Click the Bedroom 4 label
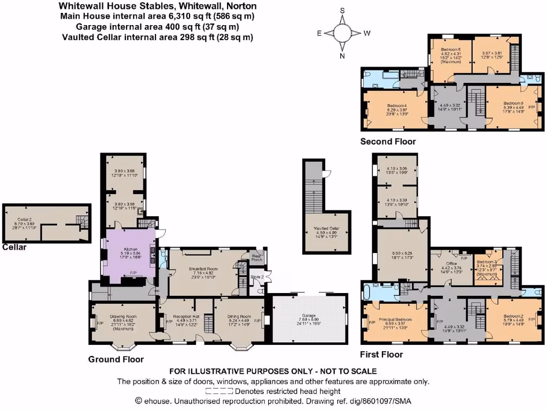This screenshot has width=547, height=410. coord(396,105)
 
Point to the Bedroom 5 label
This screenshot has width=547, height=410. coord(513,102)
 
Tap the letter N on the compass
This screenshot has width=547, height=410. coord(342,56)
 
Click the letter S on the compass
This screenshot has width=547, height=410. coord(342,10)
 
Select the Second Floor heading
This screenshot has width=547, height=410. coord(387,141)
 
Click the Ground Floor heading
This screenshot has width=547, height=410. coord(115,359)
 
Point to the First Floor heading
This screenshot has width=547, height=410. coord(381,354)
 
